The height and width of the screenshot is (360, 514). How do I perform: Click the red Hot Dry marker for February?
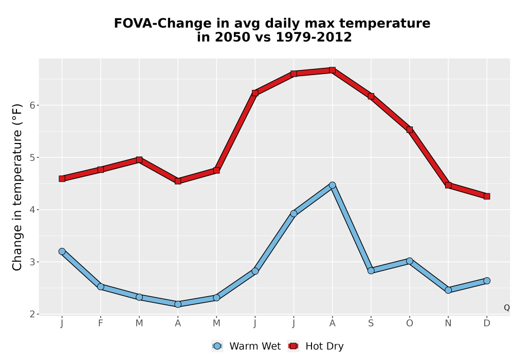[101, 170]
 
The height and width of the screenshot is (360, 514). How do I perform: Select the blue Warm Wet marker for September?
[371, 271]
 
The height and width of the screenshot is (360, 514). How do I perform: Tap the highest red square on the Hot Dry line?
[332, 70]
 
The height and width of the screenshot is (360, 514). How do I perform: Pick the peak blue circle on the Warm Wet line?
[332, 185]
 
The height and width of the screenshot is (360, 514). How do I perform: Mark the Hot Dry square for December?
[487, 196]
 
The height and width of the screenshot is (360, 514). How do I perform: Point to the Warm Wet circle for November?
[448, 290]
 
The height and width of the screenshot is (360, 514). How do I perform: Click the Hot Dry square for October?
[410, 130]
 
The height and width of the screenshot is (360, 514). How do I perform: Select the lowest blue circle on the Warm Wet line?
[178, 304]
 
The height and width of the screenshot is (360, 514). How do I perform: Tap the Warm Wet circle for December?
[487, 281]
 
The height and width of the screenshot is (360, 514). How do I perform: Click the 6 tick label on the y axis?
[32, 105]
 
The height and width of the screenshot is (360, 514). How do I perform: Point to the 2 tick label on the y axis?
[32, 314]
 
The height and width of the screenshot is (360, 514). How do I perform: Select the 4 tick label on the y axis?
[32, 209]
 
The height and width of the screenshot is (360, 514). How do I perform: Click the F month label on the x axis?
[101, 323]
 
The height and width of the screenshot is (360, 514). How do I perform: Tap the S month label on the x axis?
[371, 323]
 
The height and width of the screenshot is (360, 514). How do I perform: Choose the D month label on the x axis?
[487, 323]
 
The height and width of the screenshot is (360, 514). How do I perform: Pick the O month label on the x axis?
[410, 323]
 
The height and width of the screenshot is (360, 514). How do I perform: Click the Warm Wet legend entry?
[246, 346]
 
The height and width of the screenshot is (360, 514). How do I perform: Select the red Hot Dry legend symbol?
[293, 346]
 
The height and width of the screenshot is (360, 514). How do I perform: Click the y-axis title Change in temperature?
[17, 187]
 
